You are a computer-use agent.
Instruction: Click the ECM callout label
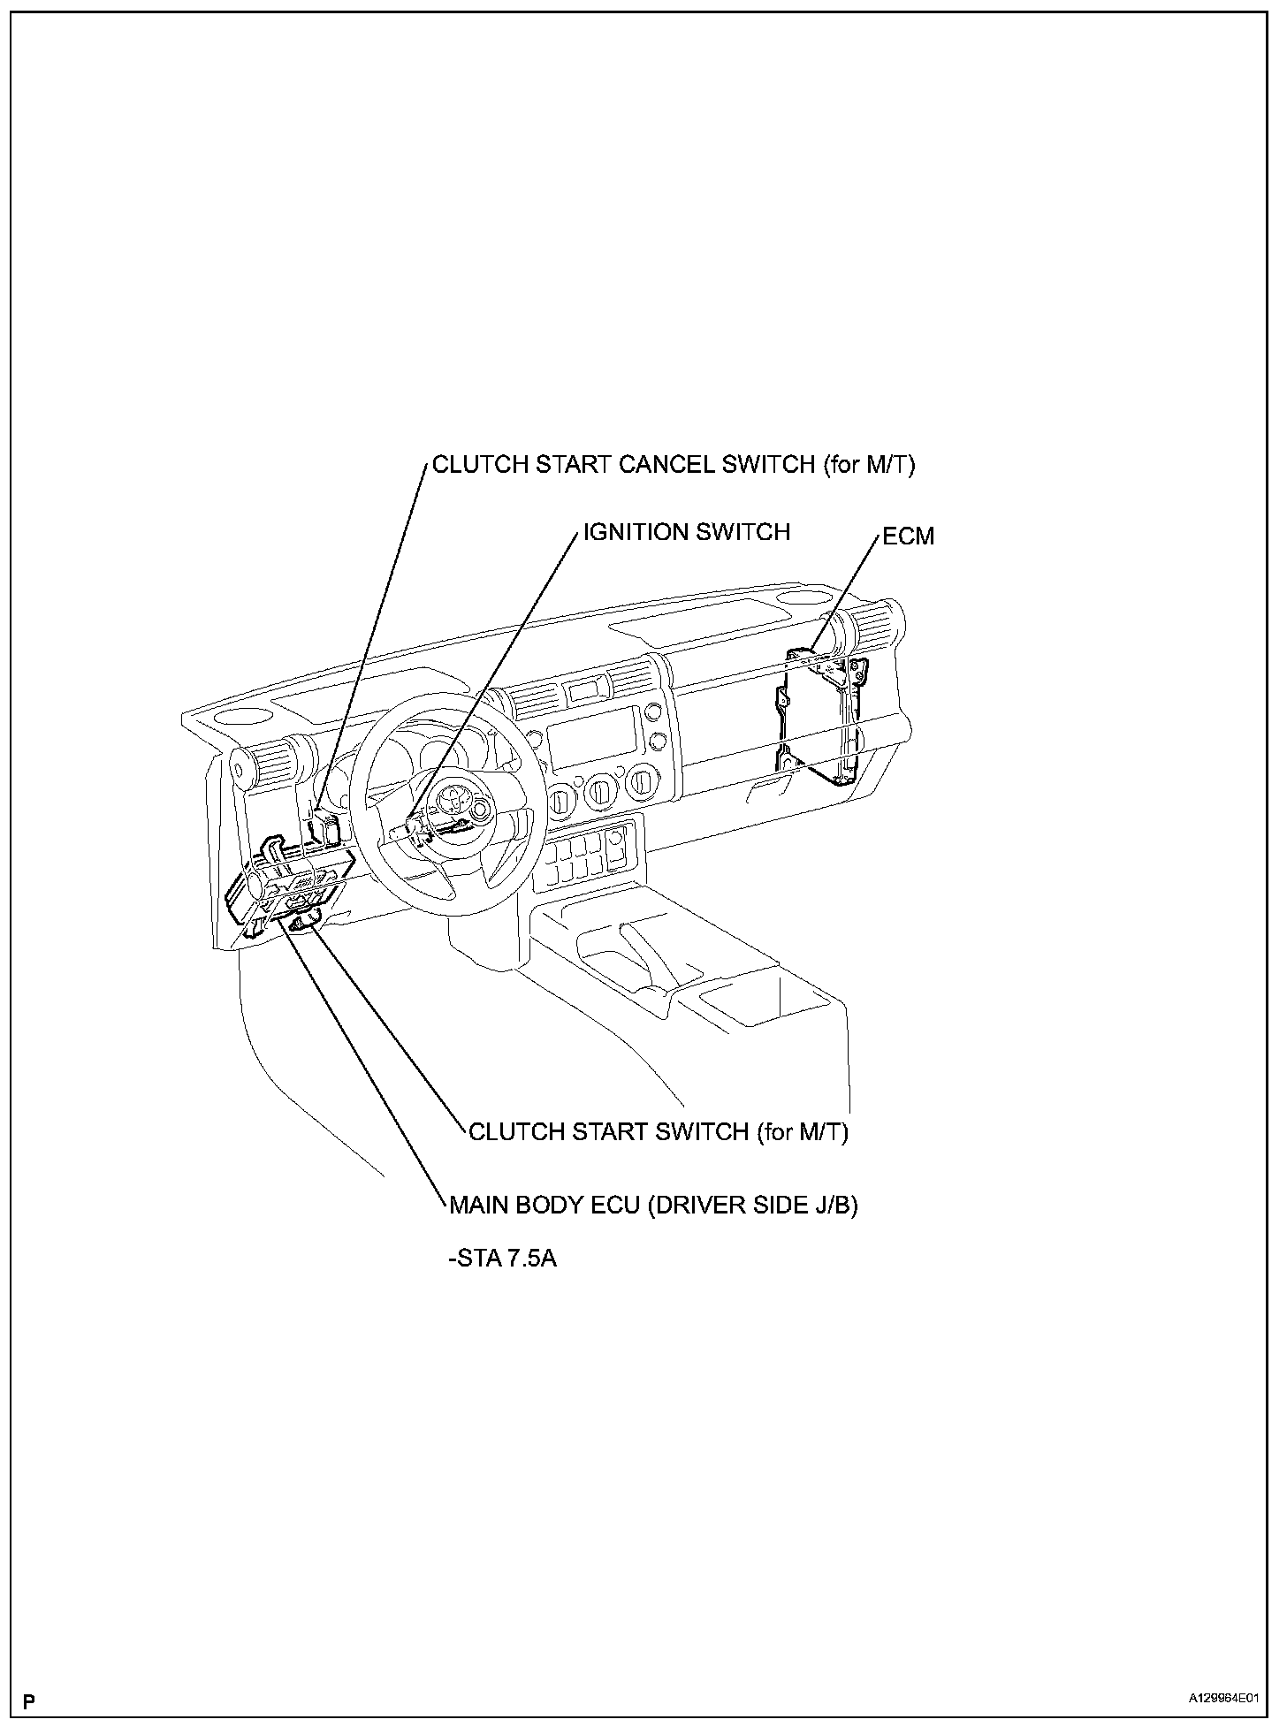coord(908,536)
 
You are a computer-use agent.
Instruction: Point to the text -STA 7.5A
coord(503,1258)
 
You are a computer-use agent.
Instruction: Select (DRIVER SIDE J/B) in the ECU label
coord(752,1206)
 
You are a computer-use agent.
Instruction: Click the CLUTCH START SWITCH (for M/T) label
coord(658,1132)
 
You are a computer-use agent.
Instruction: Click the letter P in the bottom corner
coord(30,1699)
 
